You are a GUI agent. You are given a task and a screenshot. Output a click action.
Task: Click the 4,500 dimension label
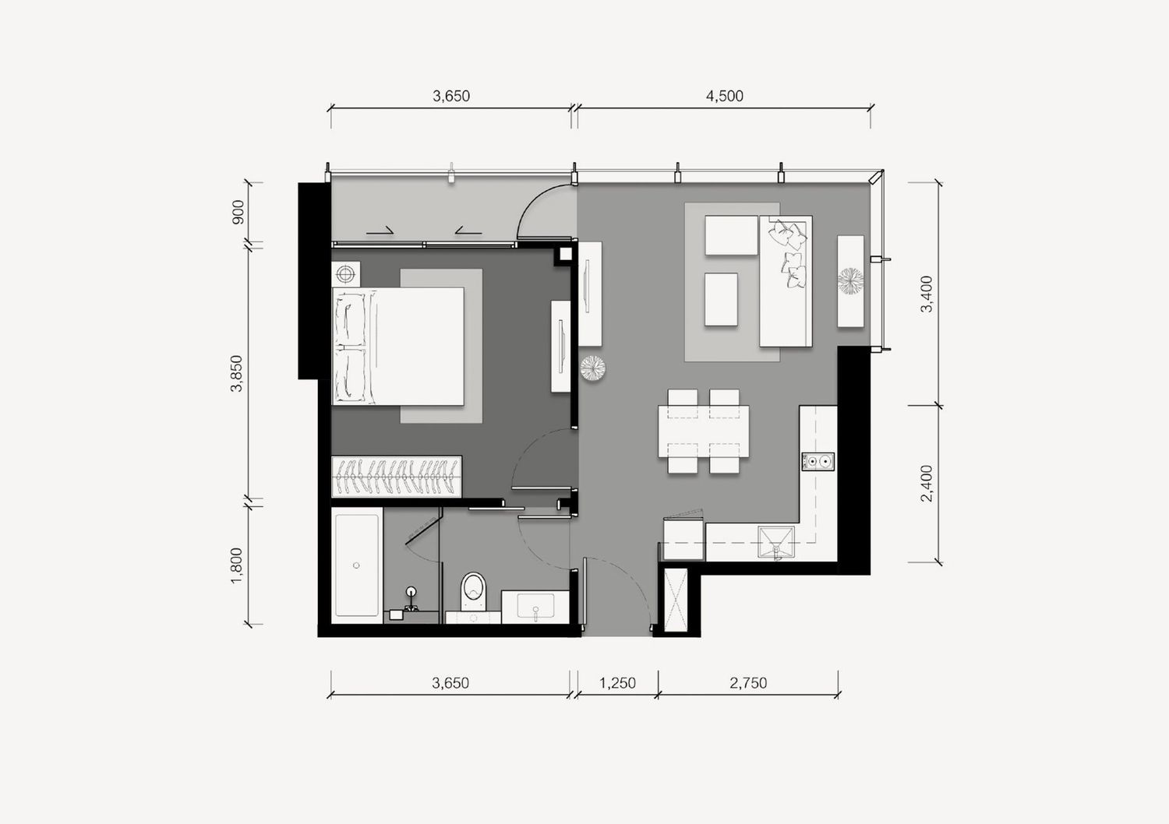pyautogui.click(x=724, y=96)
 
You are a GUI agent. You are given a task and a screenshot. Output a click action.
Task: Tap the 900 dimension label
pyautogui.click(x=238, y=212)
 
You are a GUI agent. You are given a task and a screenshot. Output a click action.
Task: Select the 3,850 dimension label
pyautogui.click(x=237, y=373)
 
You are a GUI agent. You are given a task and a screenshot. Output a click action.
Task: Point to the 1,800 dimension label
pyautogui.click(x=237, y=566)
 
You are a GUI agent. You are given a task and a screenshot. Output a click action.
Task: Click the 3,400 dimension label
pyautogui.click(x=927, y=294)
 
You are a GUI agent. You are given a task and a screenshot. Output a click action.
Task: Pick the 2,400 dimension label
pyautogui.click(x=927, y=484)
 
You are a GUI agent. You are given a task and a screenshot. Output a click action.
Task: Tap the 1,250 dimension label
pyautogui.click(x=617, y=683)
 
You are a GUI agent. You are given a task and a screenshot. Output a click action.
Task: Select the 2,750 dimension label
pyautogui.click(x=748, y=683)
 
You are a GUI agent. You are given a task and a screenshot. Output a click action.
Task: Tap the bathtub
pyautogui.click(x=356, y=565)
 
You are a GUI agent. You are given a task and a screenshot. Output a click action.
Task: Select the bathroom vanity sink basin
pyautogui.click(x=535, y=606)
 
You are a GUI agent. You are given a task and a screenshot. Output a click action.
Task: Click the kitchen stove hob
pyautogui.click(x=818, y=462)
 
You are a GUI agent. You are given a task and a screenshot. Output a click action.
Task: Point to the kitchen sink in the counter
pyautogui.click(x=776, y=542)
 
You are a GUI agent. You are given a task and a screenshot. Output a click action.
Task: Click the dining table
pyautogui.click(x=704, y=431)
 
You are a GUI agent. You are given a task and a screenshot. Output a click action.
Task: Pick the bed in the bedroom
pyautogui.click(x=398, y=347)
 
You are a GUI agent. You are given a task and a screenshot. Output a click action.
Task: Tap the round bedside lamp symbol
pyautogui.click(x=345, y=273)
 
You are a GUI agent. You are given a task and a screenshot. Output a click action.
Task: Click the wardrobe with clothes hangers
pyautogui.click(x=397, y=477)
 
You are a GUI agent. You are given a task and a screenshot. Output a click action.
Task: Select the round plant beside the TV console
pyautogui.click(x=851, y=280)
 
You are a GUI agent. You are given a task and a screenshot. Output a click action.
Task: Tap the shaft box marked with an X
pyautogui.click(x=676, y=600)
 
